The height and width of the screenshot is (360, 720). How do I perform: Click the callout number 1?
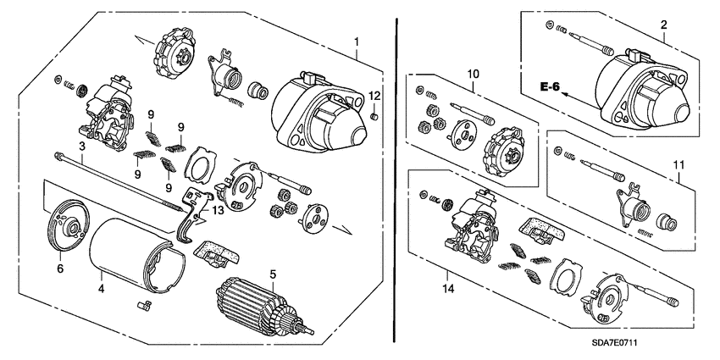coord(357,42)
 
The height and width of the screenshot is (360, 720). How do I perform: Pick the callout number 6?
coord(59,268)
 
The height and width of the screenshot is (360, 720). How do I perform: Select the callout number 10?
coord(474,75)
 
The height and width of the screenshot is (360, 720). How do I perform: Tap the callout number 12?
coord(374,95)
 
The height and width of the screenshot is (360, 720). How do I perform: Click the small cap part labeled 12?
coord(374,116)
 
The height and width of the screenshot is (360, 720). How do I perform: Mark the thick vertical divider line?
coord(396,169)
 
